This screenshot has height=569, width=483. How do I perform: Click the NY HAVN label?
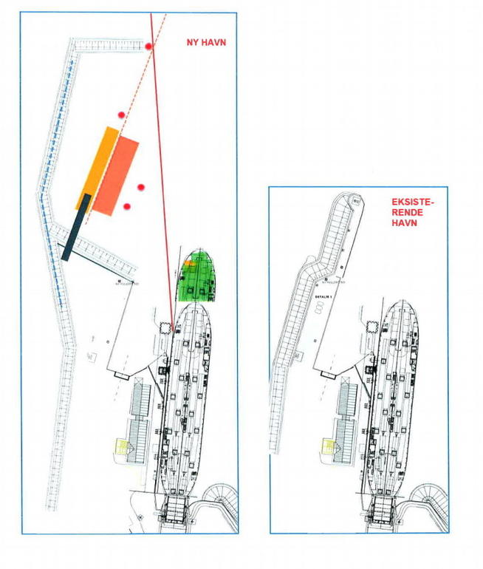205,43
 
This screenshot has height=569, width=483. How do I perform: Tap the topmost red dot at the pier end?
149,47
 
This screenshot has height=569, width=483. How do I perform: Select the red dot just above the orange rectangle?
120,115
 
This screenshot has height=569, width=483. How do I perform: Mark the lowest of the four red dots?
127,206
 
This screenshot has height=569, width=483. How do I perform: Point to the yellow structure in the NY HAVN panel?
120,446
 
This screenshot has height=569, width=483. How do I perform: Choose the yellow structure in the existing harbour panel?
327,446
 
